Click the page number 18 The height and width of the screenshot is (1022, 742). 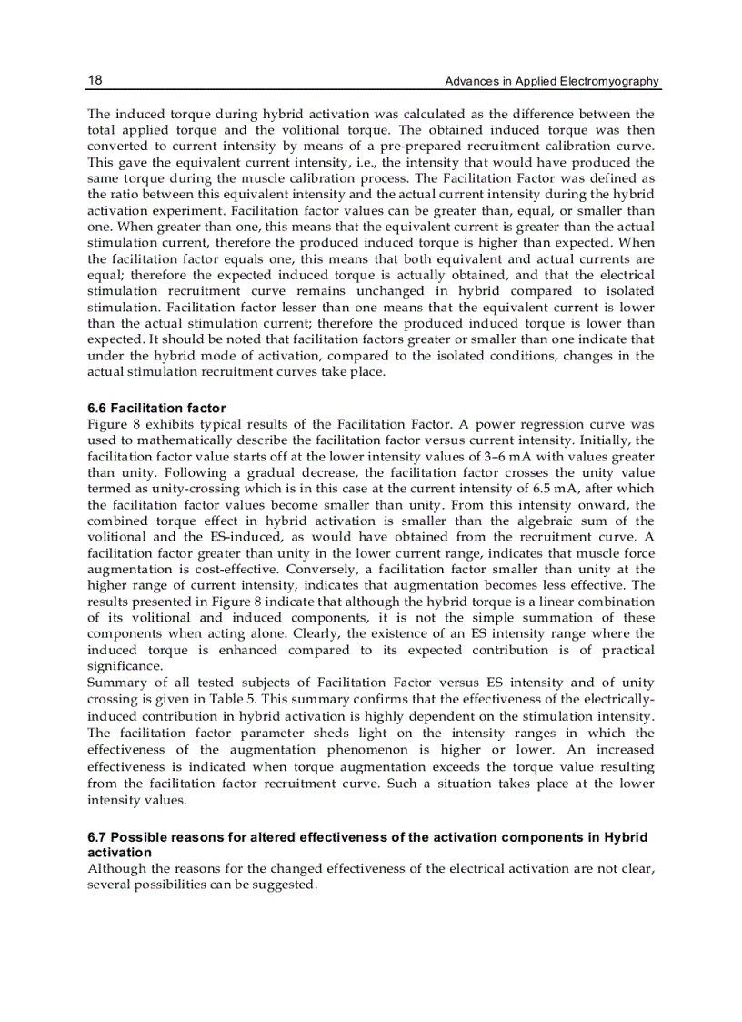95,80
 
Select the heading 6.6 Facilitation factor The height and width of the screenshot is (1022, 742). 156,409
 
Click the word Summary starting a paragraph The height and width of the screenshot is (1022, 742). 115,683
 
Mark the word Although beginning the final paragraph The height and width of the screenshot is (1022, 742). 117,869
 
